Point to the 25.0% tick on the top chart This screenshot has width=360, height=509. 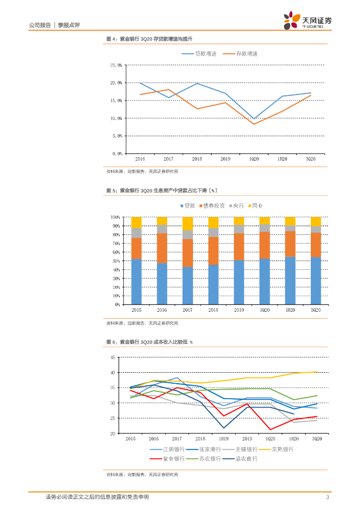116,65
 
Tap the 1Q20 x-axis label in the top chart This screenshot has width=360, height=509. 254,159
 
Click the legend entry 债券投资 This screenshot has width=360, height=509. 214,206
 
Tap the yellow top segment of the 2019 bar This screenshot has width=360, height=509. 239,221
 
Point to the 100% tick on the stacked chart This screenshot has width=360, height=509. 115,217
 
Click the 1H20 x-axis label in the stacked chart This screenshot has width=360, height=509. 290,310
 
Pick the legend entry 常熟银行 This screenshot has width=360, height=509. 281,449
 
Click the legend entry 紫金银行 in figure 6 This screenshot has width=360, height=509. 174,459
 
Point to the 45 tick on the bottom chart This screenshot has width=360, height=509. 112,357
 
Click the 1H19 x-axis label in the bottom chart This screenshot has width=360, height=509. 223,439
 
